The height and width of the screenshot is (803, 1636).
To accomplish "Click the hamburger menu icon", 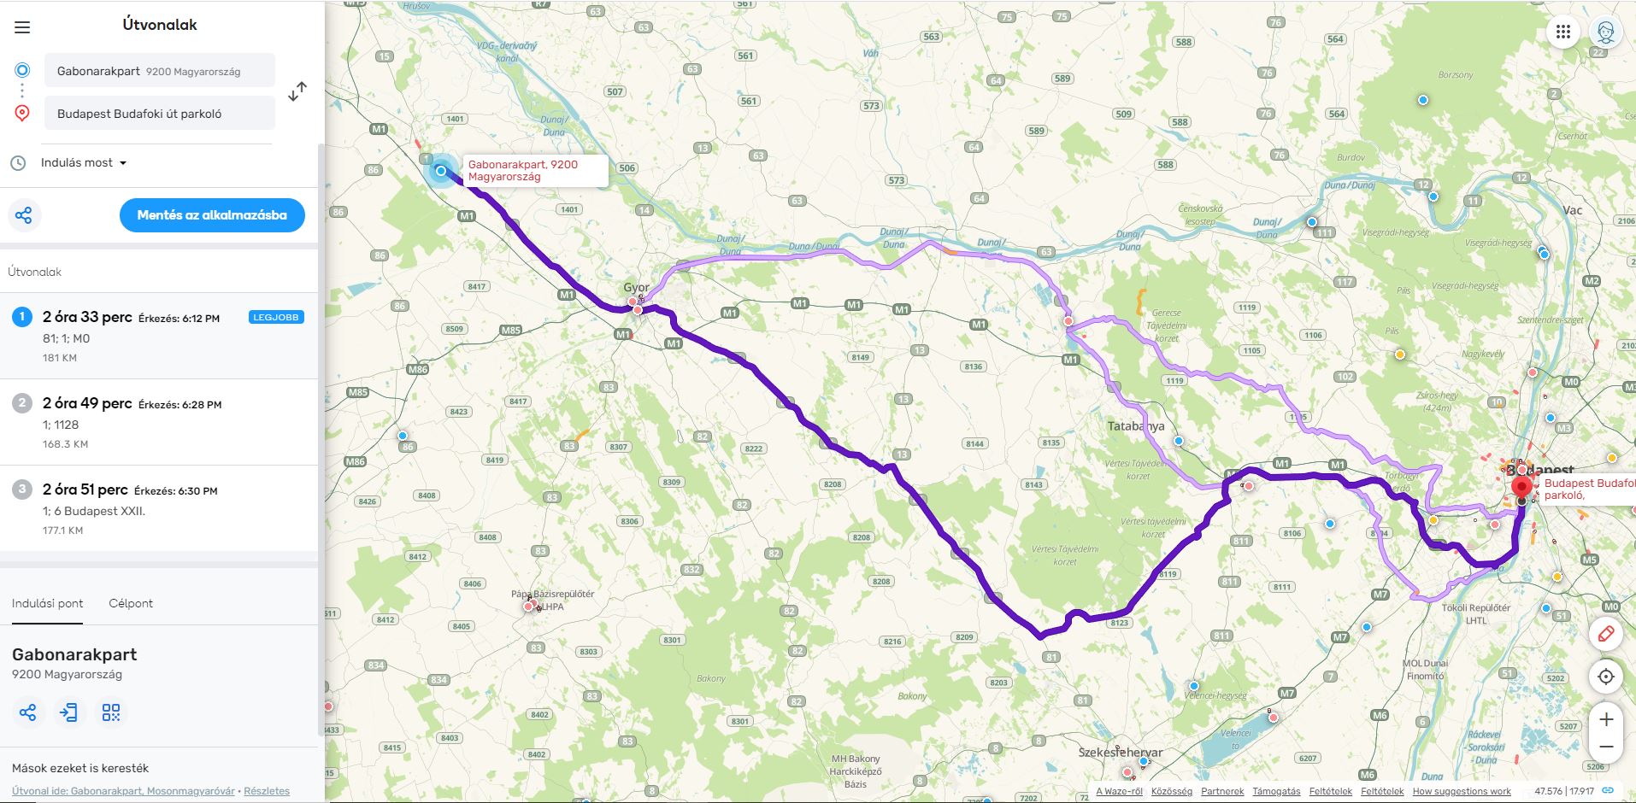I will pos(22,27).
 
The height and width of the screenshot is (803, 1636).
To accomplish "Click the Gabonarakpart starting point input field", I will pos(160,71).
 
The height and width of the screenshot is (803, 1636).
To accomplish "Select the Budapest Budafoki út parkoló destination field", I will pos(160,114).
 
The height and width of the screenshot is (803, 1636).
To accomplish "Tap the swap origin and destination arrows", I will pos(297,92).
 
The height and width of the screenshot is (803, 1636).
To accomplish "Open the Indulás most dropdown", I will pos(84,163).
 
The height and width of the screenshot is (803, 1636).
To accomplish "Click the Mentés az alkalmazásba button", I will pos(212,215).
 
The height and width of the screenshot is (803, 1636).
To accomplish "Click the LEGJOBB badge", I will pos(276,317).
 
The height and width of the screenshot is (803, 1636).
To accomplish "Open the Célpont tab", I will pos(131,603).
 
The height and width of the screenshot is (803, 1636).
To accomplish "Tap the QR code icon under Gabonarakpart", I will pos(111,712).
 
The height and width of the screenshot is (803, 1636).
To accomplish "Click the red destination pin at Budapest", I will pos(1521,487).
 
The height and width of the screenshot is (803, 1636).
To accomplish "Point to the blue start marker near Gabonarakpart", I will pos(441,171).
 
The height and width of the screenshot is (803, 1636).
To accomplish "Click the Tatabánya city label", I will pos(1135,425).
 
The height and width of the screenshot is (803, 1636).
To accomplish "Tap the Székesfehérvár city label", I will pos(1120,753).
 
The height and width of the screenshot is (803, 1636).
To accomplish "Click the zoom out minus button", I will pos(1606,747).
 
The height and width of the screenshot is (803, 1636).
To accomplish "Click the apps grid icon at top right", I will pos(1563,32).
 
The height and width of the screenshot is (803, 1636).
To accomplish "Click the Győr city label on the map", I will pos(636,287).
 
